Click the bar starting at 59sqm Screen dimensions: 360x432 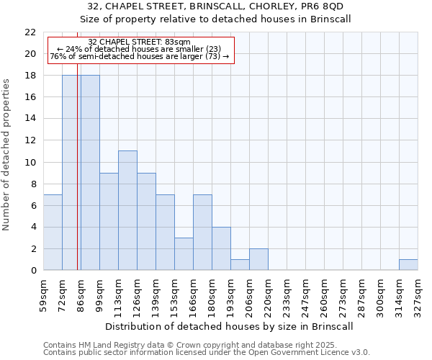(53, 233)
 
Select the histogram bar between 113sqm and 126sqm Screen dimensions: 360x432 (127, 210)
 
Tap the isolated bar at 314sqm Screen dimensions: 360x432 (408, 265)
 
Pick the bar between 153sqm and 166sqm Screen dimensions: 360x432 (184, 254)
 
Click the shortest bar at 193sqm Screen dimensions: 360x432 (240, 265)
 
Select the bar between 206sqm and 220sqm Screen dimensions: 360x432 (258, 259)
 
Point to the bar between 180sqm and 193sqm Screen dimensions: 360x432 (221, 249)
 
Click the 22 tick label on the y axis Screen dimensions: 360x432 (30, 32)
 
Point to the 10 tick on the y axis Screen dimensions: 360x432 (30, 163)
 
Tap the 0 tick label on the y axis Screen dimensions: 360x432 (33, 271)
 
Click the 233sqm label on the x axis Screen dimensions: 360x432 (287, 294)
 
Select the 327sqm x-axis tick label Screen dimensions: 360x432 (418, 294)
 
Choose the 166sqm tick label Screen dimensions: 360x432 (193, 294)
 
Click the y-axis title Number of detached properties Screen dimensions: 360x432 (7, 155)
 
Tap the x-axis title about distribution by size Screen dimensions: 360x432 (230, 326)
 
